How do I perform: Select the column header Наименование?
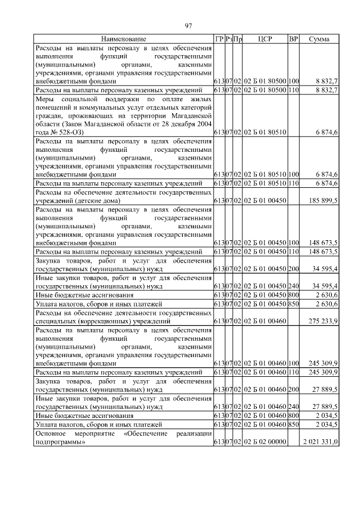(x=124, y=39)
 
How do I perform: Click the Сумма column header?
(x=319, y=39)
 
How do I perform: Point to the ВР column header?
(x=293, y=39)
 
